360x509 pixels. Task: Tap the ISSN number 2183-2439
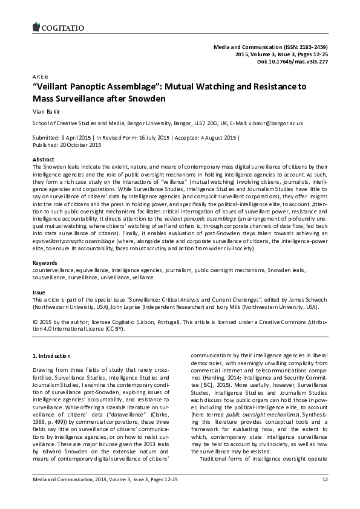click(x=307, y=47)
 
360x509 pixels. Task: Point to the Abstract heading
click(x=43, y=159)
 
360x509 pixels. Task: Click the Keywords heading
click(x=44, y=264)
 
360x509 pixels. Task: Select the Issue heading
click(x=38, y=292)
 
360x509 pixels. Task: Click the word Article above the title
click(x=39, y=77)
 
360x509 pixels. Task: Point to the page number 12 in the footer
click(x=324, y=497)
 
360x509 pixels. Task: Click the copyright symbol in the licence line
click(x=35, y=323)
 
